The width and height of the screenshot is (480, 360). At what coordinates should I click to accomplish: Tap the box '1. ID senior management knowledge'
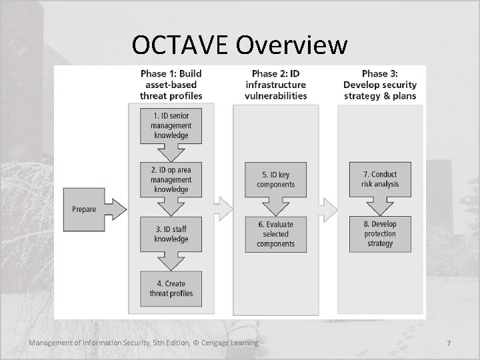(x=171, y=125)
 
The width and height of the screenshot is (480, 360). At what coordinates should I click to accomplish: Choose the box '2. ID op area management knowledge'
(x=171, y=179)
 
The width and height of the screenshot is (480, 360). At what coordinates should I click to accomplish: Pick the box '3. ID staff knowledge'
(x=171, y=234)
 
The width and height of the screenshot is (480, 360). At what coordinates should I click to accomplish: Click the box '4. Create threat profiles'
(x=171, y=288)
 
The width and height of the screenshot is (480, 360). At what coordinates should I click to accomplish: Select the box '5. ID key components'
(x=275, y=179)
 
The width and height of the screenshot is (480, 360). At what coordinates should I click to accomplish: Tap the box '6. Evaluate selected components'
(x=275, y=234)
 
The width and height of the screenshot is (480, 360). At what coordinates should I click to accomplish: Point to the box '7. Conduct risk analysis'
(x=380, y=179)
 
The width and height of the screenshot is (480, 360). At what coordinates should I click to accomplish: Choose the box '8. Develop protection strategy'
(x=380, y=234)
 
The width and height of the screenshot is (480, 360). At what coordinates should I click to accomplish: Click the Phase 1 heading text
(x=171, y=85)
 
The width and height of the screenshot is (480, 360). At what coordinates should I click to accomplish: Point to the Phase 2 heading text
(x=275, y=85)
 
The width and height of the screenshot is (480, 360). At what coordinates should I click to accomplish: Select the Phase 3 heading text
(x=380, y=85)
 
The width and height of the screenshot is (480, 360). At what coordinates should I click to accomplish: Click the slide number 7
(x=449, y=343)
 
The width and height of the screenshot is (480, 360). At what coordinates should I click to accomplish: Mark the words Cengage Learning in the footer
(x=230, y=343)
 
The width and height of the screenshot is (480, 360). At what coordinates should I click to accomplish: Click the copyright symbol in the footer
(x=196, y=343)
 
